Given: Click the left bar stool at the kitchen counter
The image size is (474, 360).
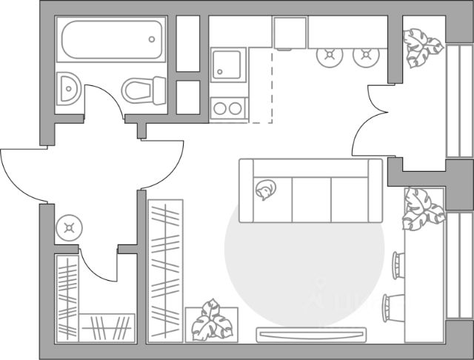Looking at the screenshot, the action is (327, 54).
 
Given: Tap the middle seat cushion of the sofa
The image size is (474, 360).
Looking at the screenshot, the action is (311, 199).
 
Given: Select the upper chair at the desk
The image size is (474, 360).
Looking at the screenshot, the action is (396, 263).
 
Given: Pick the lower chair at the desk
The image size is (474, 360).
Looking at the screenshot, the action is (392, 307).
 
